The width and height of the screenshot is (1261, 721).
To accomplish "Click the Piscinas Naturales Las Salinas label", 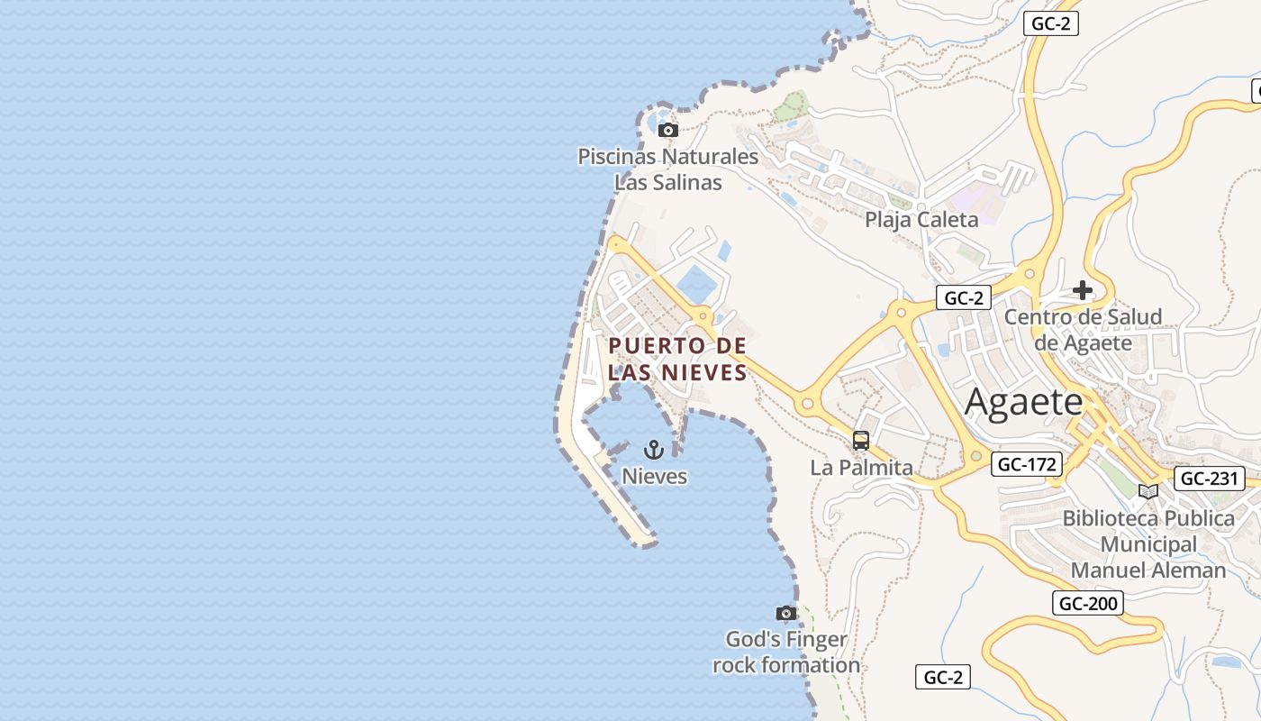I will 667,169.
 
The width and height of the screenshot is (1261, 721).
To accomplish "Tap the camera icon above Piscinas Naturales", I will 667,131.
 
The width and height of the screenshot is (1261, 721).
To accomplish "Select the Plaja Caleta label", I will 921,220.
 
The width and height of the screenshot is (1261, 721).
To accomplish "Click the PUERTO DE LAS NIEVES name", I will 677,359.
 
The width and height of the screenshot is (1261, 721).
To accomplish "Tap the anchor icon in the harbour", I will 655,450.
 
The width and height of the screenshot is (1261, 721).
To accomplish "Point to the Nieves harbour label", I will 655,476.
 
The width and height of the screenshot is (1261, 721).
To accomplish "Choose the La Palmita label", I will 861,468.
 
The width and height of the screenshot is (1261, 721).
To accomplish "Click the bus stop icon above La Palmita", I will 861,441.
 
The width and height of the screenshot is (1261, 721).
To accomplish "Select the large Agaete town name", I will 1023,401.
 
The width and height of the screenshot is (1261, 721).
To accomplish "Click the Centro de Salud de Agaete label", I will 1083,329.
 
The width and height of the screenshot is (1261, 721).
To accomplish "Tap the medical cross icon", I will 1083,290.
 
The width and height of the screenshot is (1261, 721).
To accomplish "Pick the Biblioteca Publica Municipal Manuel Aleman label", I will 1148,544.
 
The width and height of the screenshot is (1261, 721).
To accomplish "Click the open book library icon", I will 1148,491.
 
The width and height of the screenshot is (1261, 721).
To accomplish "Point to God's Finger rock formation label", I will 786,653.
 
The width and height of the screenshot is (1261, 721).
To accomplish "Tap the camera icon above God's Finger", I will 786,614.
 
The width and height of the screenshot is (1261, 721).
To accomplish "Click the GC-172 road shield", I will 1027,465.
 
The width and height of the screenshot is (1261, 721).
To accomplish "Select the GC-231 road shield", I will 1210,479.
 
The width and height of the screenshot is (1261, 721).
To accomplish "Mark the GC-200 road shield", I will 1088,604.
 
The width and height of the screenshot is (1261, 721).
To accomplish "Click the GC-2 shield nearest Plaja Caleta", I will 964,297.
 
